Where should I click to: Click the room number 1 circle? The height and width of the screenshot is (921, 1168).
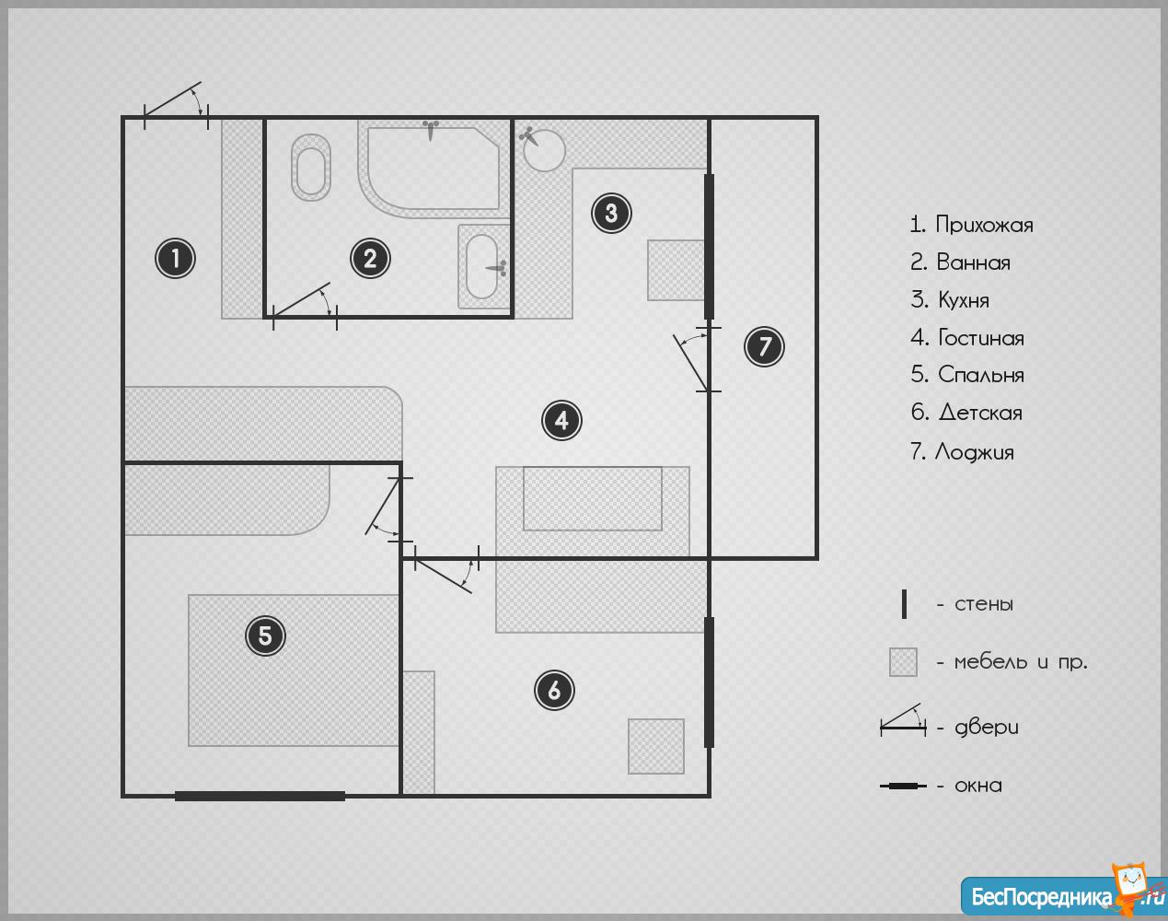click(175, 259)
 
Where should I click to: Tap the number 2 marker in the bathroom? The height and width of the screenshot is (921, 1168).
click(370, 259)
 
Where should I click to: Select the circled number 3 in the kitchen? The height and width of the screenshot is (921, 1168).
click(611, 214)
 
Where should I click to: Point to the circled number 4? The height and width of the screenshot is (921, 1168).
click(561, 420)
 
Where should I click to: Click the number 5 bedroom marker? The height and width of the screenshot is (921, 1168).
click(265, 635)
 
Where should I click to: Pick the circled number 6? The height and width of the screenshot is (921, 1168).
click(554, 690)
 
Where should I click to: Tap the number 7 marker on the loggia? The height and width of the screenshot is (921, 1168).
click(764, 346)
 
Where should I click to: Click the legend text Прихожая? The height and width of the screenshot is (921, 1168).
click(984, 225)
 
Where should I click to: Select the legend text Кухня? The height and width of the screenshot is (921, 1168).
click(964, 300)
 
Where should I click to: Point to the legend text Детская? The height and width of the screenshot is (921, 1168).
click(980, 413)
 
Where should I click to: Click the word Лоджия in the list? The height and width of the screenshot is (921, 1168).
click(974, 452)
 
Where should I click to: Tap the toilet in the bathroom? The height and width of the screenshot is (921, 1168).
click(311, 167)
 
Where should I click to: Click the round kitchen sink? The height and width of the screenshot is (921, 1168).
click(544, 150)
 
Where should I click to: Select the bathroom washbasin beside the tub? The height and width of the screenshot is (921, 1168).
click(482, 266)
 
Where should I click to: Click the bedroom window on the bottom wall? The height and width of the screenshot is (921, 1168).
click(260, 796)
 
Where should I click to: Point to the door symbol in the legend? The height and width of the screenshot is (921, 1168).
click(903, 720)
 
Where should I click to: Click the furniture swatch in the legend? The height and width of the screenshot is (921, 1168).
click(903, 662)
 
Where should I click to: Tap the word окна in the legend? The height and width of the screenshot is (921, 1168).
click(978, 786)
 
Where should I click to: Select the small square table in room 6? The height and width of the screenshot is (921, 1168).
click(656, 746)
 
